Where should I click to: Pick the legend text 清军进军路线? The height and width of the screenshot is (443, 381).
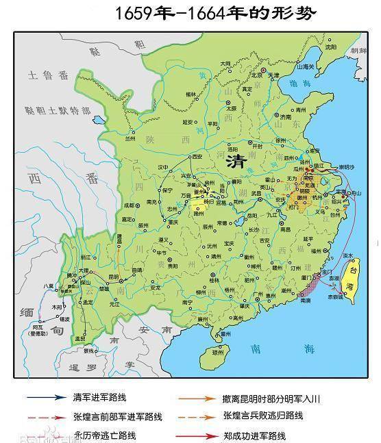(99, 397)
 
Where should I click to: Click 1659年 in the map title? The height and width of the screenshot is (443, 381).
(137, 13)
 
